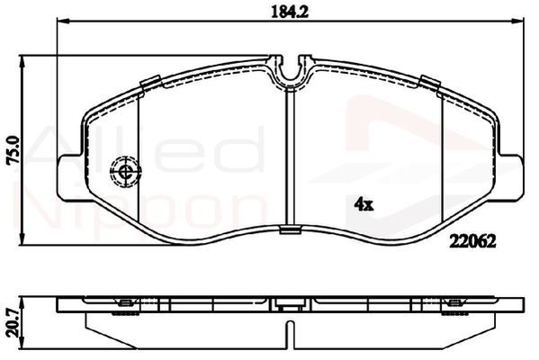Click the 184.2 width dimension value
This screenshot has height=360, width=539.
tap(290, 12)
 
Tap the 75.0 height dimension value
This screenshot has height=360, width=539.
tap(14, 150)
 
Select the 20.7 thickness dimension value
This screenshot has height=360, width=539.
tap(13, 323)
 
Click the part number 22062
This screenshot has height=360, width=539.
tap(472, 242)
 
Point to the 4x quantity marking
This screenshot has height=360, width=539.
tap(364, 205)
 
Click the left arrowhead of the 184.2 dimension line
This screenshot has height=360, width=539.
tap(63, 21)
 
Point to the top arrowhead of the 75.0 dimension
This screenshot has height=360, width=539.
tap(22, 61)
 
